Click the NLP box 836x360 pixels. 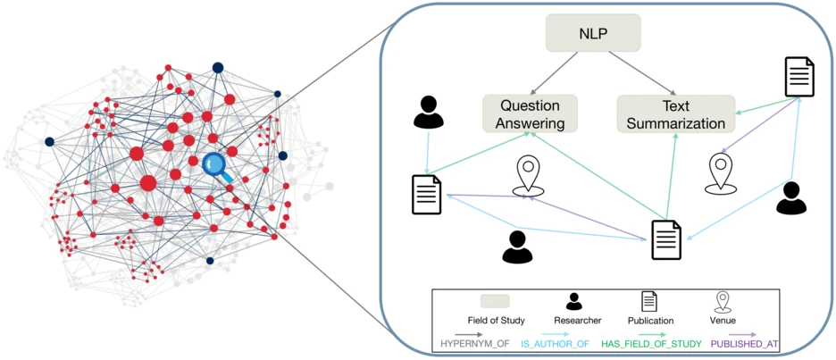point(593,32)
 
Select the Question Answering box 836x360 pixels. point(531,113)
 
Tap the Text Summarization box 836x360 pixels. point(676,113)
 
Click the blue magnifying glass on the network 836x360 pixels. point(216,166)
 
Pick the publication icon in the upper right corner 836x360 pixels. point(798,77)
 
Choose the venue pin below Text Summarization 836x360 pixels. point(721,172)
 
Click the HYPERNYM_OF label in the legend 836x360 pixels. point(473,342)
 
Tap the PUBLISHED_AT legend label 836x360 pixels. point(747,342)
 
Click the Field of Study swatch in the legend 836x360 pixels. point(496,301)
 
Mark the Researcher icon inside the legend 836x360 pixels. point(574,301)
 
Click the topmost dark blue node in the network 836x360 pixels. point(217,67)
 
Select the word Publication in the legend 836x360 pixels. point(650,320)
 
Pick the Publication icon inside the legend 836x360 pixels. point(649,301)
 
